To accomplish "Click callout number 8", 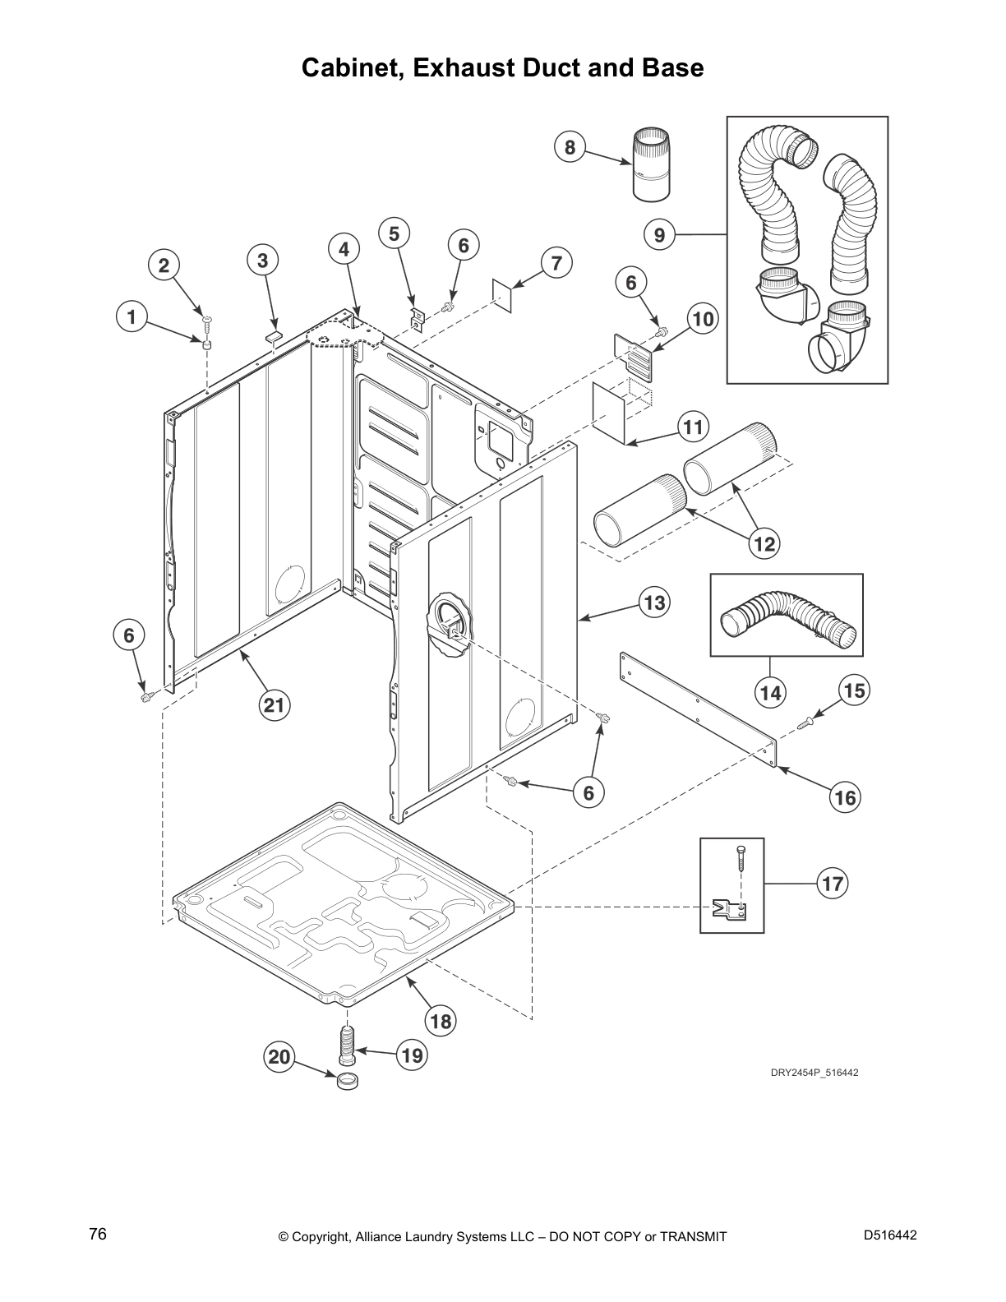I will [x=570, y=148].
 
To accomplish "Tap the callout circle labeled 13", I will [x=654, y=603].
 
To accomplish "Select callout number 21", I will [x=274, y=705].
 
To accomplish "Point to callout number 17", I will [x=833, y=884].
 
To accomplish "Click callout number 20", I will [x=280, y=1056].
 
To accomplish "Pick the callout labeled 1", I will [x=130, y=316].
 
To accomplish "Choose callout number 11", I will [x=693, y=427].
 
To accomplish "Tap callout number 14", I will [x=770, y=693].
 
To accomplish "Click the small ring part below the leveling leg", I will [x=348, y=1081].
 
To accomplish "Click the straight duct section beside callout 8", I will [x=652, y=164].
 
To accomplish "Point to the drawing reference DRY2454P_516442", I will [x=814, y=1073].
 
